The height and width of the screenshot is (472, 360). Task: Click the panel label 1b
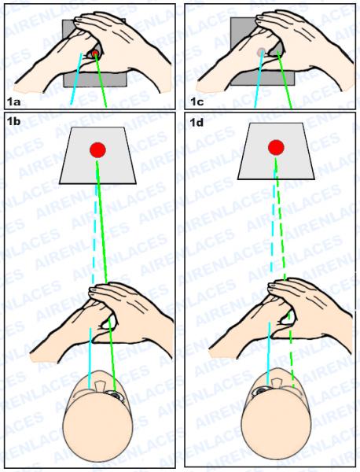pos(13,122)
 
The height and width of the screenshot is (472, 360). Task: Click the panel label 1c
pos(197,102)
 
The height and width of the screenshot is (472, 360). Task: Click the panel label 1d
pos(197,123)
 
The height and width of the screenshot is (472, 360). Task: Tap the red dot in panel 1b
pos(97,150)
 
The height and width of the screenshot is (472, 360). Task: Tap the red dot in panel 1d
pos(276,147)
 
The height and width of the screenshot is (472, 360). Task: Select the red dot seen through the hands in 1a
pos(95,53)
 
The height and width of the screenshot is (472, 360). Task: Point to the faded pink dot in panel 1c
pos(261,52)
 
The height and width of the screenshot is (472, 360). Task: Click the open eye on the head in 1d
pos(260,391)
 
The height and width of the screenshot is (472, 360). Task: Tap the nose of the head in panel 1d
pos(277,382)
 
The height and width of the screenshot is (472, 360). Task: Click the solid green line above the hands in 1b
pos(101,222)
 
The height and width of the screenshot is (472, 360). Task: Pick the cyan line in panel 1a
pos(76,79)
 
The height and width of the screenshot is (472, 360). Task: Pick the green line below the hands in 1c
pos(285,79)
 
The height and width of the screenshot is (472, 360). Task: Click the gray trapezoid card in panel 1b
pos(97,155)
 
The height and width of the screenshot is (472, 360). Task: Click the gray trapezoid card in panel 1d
pos(276,151)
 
